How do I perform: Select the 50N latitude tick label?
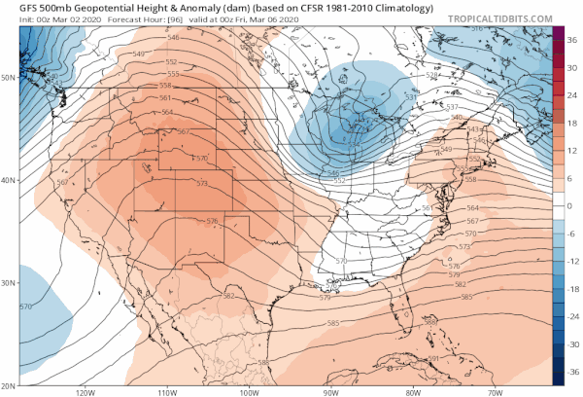click(x=9, y=76)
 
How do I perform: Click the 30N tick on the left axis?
click(x=9, y=283)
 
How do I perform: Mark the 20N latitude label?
click(x=9, y=385)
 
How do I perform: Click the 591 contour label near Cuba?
click(x=433, y=359)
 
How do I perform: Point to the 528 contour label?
click(x=433, y=74)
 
